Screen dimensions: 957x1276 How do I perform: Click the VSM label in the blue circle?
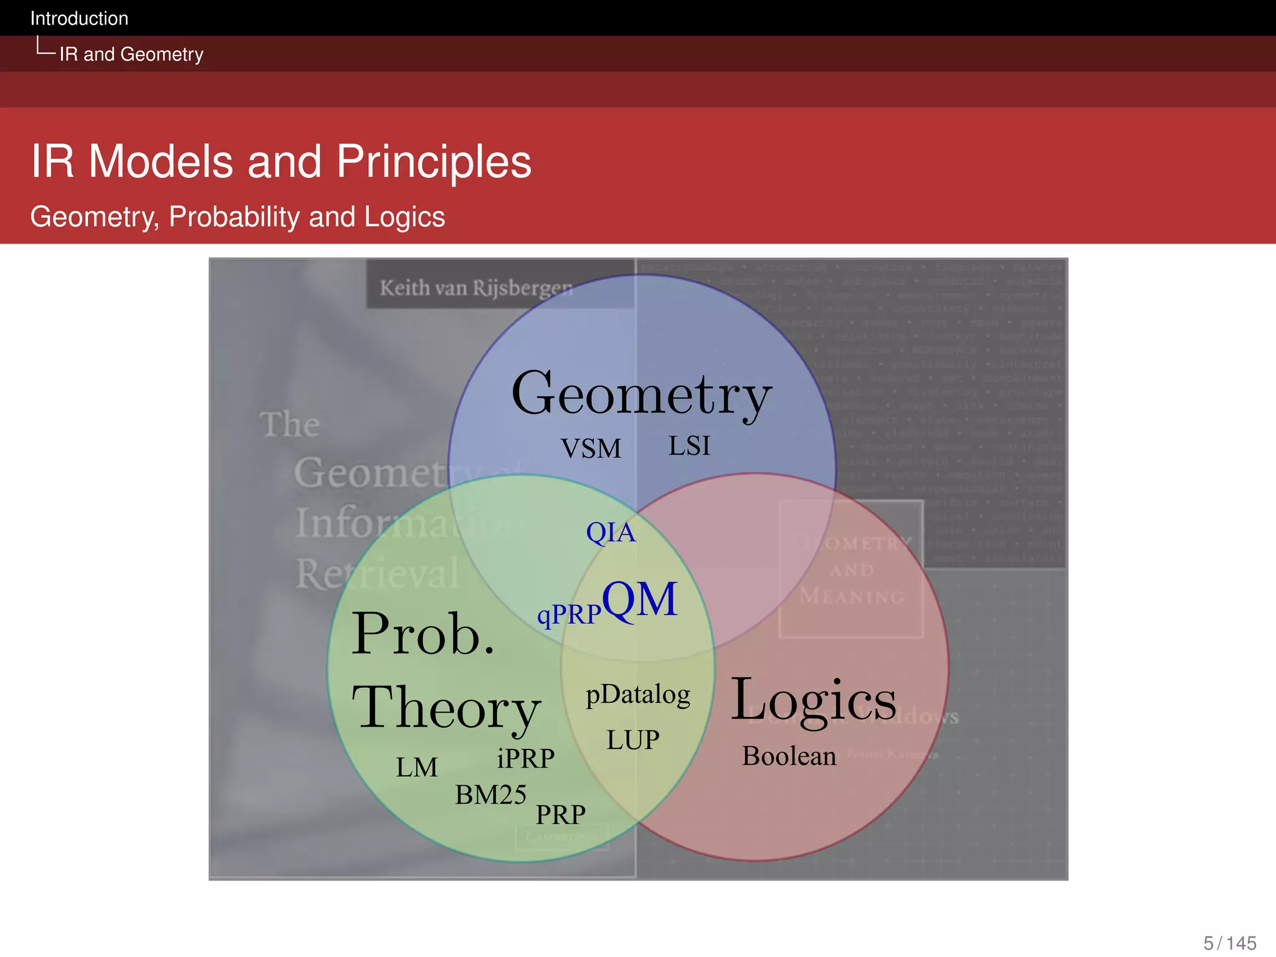591,449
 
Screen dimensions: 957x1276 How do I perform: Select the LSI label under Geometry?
689,446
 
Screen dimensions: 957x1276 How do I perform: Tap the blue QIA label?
611,533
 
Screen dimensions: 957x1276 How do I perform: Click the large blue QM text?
640,599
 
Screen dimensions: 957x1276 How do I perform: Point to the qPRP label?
568,615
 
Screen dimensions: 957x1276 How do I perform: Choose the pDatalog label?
638,695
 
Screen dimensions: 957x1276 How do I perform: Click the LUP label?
633,740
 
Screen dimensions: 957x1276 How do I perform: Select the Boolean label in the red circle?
789,756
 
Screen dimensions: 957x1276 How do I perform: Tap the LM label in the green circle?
417,768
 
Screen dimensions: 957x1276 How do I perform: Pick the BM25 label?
490,795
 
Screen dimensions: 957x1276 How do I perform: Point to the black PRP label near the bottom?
561,815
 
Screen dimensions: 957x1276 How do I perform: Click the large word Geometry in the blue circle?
641,395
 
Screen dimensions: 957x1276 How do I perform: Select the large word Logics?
813,700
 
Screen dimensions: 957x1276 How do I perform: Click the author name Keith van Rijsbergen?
476,288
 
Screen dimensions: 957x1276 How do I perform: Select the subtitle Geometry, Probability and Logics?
237,217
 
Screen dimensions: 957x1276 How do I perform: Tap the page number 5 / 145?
1229,943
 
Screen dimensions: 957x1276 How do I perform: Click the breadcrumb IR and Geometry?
131,54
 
